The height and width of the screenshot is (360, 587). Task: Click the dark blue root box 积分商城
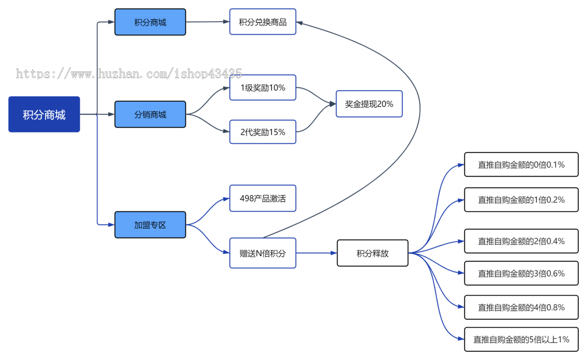pyautogui.click(x=44, y=114)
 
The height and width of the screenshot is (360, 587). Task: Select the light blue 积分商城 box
pyautogui.click(x=150, y=22)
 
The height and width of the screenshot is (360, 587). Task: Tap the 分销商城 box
pyautogui.click(x=150, y=114)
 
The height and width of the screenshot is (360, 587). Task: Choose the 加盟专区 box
pyautogui.click(x=150, y=225)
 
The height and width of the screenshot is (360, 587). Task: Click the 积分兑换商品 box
pyautogui.click(x=263, y=22)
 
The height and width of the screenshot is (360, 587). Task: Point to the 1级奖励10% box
pyautogui.click(x=263, y=88)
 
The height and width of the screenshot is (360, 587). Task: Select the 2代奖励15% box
pyautogui.click(x=263, y=132)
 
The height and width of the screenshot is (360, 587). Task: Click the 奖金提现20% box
pyautogui.click(x=369, y=104)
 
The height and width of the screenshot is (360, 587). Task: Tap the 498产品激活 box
pyautogui.click(x=263, y=198)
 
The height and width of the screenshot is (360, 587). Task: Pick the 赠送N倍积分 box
pyautogui.click(x=263, y=253)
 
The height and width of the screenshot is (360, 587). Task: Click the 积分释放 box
pyautogui.click(x=373, y=253)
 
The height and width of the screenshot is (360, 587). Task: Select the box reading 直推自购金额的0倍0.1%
pyautogui.click(x=521, y=164)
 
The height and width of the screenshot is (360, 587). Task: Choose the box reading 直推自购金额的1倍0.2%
pyautogui.click(x=521, y=200)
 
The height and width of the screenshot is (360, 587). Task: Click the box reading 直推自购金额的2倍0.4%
pyautogui.click(x=521, y=241)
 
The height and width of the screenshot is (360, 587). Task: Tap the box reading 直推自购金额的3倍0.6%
pyautogui.click(x=521, y=273)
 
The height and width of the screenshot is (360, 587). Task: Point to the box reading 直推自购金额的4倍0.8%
pyautogui.click(x=521, y=307)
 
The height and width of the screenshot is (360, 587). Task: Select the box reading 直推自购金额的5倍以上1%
pyautogui.click(x=521, y=339)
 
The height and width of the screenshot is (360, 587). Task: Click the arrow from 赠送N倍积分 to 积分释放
pyautogui.click(x=316, y=253)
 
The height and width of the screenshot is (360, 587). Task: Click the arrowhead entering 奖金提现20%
pyautogui.click(x=333, y=104)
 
